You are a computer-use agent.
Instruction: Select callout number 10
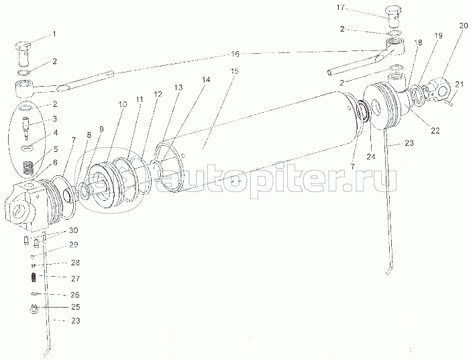pos(122,105)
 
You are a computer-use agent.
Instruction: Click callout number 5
pos(55,149)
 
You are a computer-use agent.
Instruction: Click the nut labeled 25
pos(32,308)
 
